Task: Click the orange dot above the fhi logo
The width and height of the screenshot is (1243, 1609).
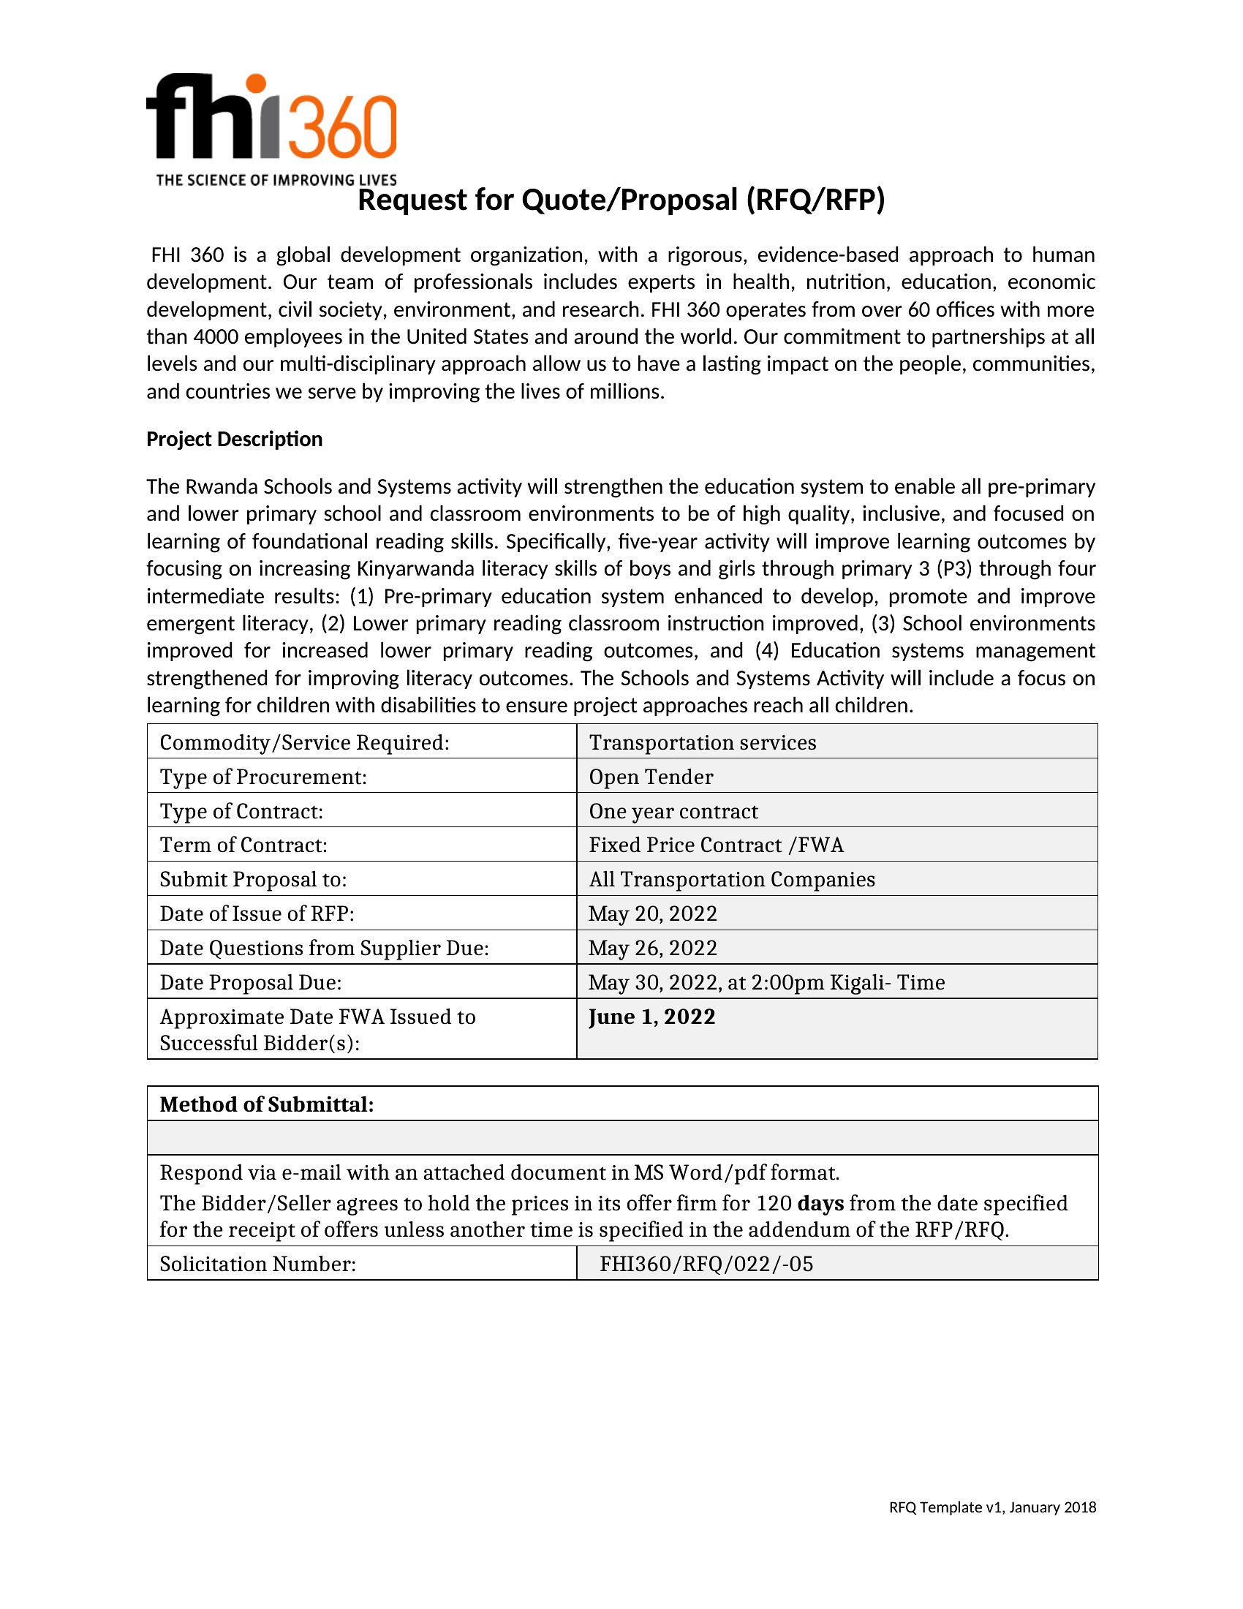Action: tap(255, 84)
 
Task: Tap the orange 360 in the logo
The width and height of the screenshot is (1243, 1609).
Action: tap(340, 127)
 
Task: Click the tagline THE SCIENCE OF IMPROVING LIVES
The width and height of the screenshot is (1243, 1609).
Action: tap(276, 180)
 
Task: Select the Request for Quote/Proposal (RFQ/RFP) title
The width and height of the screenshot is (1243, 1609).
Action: tap(621, 200)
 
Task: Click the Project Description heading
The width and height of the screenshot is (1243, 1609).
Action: tap(234, 439)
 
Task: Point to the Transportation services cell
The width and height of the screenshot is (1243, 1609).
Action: tap(703, 742)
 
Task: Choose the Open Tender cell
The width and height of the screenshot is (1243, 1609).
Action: tap(651, 777)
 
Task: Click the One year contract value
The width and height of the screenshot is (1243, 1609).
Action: tap(673, 811)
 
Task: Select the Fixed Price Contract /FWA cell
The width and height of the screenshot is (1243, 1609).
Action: tap(716, 845)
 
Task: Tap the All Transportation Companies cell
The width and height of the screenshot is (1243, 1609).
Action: tap(732, 880)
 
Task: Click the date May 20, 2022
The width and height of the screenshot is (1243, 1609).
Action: tap(652, 913)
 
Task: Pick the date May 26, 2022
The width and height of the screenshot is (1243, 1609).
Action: tap(652, 948)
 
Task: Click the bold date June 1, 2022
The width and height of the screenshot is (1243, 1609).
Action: tap(651, 1017)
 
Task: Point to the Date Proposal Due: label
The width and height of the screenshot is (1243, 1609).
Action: tap(250, 983)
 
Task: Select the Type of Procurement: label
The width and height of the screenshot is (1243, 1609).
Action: tap(263, 777)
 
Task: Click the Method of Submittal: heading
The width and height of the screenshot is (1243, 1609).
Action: tap(267, 1104)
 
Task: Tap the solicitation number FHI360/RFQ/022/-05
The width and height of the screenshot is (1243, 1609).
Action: tap(706, 1265)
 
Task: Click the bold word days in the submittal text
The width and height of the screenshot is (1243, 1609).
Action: tap(820, 1203)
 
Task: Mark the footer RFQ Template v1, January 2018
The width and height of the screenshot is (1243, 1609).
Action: tap(992, 1507)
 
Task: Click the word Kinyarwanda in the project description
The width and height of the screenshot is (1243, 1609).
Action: tap(415, 569)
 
